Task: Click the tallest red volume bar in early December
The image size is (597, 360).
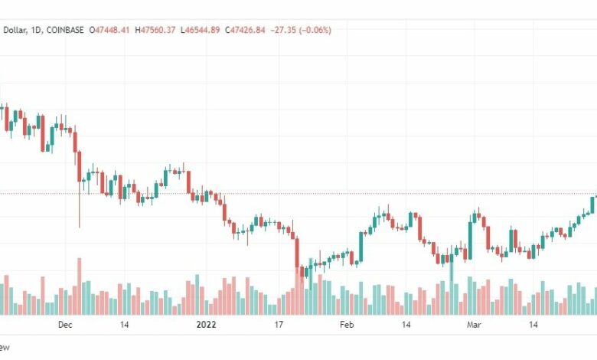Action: [79, 285]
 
